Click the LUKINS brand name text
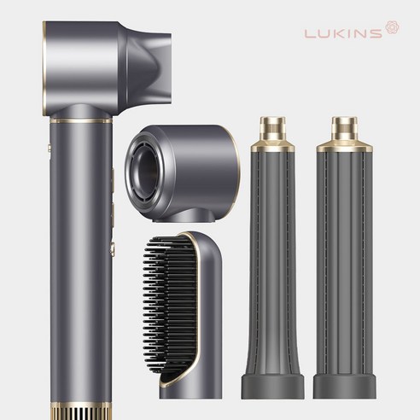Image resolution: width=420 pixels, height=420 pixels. coord(343,33)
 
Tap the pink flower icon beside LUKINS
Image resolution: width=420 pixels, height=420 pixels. coord(393,27)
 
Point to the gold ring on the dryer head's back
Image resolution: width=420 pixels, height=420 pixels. coord(44,68)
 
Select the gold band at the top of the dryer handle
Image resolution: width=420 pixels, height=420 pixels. coord(81,121)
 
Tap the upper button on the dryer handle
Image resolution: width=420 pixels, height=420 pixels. coord(113,180)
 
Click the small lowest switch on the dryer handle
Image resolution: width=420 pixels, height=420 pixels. coord(113,249)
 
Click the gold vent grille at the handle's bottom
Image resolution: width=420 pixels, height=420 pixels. coord(81,411)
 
